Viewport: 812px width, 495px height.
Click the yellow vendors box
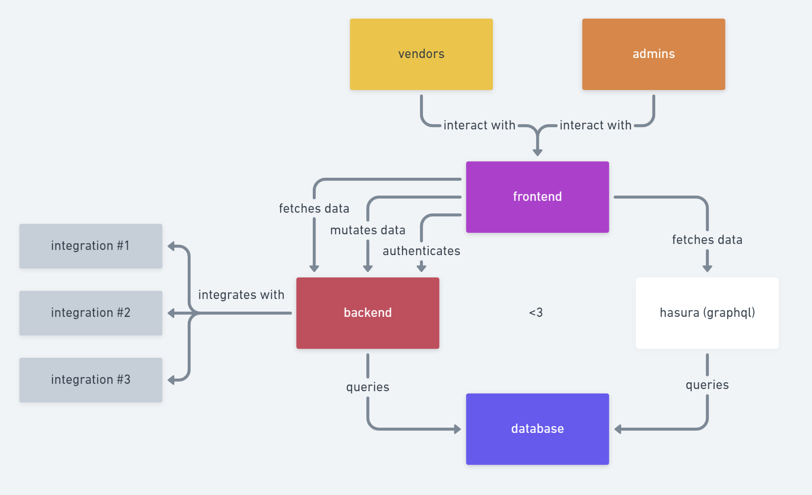click(x=421, y=54)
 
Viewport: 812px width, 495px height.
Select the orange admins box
click(x=653, y=54)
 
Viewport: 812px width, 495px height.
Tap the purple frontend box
click(x=537, y=197)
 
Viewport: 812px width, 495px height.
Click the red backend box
click(x=368, y=313)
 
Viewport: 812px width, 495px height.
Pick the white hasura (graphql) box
click(x=707, y=313)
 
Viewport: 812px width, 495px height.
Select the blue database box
click(x=537, y=429)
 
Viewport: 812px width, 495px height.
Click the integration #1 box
click(x=91, y=246)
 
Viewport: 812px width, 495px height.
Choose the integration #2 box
click(x=91, y=313)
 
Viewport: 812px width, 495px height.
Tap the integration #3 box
click(x=91, y=380)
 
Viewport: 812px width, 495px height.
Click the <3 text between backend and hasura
click(x=536, y=312)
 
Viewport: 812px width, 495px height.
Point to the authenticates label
click(x=421, y=251)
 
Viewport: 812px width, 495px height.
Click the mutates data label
click(x=368, y=230)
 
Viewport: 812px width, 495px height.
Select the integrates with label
click(x=241, y=295)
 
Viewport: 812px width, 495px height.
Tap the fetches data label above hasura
click(x=707, y=240)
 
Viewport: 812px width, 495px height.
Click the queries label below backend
click(x=368, y=387)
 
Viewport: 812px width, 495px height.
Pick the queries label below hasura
click(x=707, y=385)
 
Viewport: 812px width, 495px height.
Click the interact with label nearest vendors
click(x=479, y=125)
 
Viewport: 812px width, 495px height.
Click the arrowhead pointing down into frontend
click(x=537, y=153)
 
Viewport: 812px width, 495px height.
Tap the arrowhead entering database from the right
click(x=618, y=429)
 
